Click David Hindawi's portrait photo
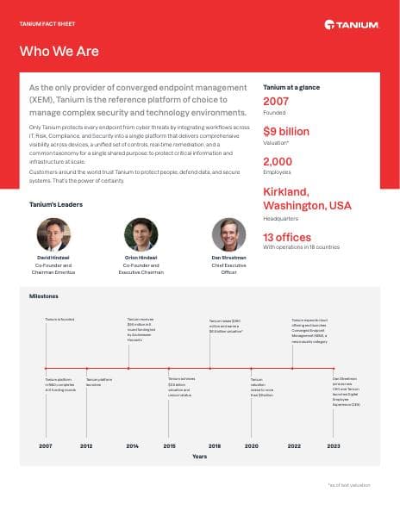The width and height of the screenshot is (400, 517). point(53,234)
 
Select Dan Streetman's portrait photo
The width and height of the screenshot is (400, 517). point(228,234)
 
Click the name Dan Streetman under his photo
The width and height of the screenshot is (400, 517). point(228,258)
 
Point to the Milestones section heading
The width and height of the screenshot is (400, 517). point(44,296)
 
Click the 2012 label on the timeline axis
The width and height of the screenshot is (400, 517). point(87,446)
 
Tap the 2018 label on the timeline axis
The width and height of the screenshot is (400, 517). point(214,446)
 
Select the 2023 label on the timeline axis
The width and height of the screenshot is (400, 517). point(334,446)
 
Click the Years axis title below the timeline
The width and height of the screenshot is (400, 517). point(199,456)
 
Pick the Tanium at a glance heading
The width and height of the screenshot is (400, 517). point(289,88)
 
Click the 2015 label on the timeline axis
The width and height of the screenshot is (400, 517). point(170,446)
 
